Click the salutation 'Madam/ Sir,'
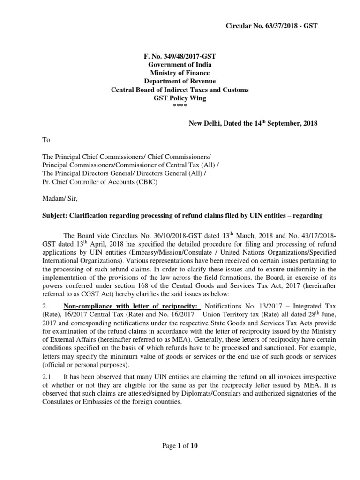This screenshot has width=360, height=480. (58, 199)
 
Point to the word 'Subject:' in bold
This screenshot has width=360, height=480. (55, 216)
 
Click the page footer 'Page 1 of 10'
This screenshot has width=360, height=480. (180, 445)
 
